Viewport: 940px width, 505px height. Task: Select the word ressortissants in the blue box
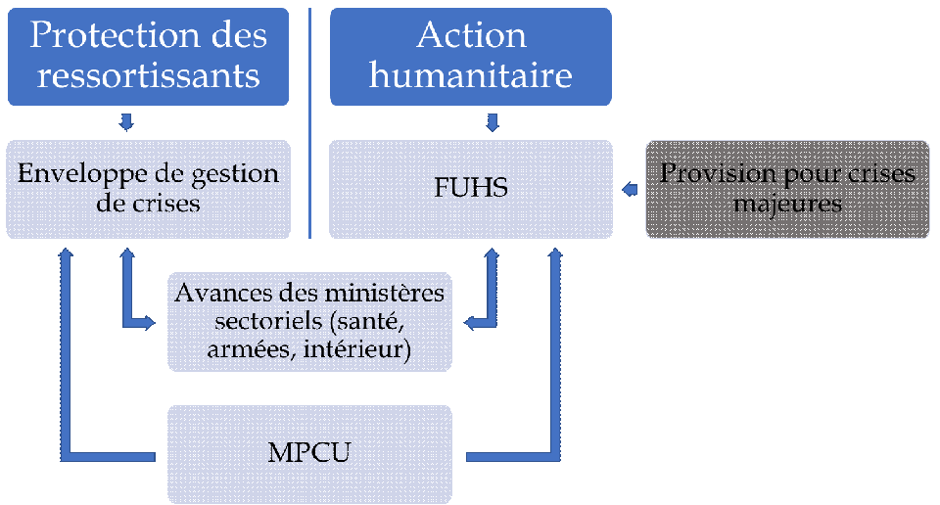tap(149, 74)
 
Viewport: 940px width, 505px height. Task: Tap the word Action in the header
tap(471, 35)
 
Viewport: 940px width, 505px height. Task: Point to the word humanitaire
tap(471, 74)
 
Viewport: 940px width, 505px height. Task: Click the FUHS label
tap(471, 188)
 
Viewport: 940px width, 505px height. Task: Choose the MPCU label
tap(309, 454)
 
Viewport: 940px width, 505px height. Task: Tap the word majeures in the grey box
tap(788, 205)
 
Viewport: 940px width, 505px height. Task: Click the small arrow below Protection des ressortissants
tap(125, 122)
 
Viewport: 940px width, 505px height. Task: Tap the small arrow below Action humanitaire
tap(493, 122)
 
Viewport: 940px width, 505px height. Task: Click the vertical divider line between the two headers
tap(310, 122)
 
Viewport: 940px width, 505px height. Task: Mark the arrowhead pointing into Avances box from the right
tap(469, 321)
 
